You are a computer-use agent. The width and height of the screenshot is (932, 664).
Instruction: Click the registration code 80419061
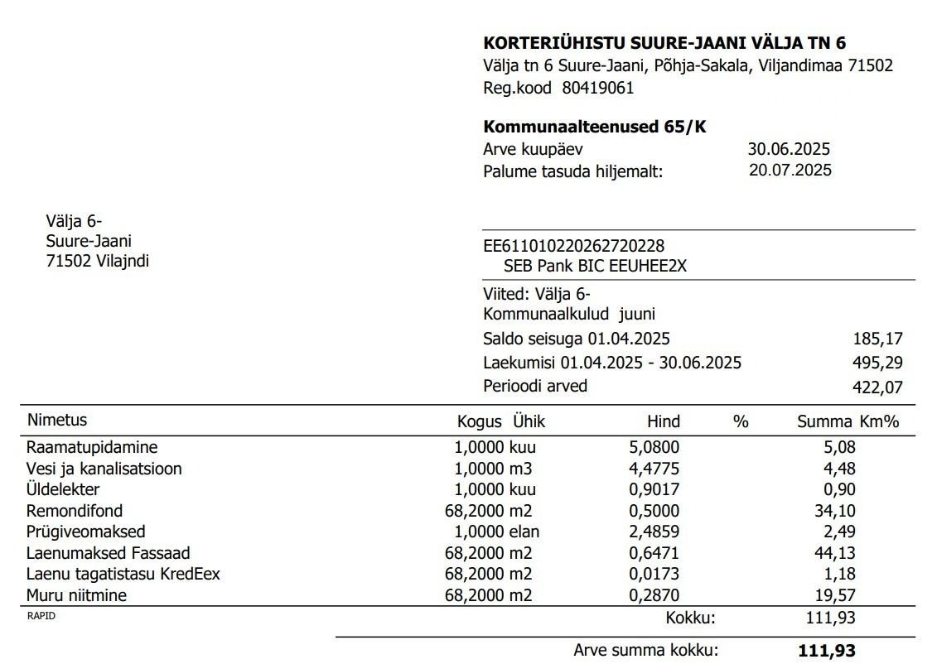pyautogui.click(x=597, y=88)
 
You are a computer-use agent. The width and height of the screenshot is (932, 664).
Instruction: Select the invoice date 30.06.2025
pyautogui.click(x=788, y=149)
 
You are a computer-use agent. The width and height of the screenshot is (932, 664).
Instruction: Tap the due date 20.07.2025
pyautogui.click(x=790, y=171)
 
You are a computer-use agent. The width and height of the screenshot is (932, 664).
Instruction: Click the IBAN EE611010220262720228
pyautogui.click(x=573, y=246)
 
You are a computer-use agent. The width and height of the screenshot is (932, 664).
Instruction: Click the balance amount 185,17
pyautogui.click(x=877, y=339)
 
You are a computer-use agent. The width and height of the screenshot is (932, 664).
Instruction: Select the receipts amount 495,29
pyautogui.click(x=877, y=363)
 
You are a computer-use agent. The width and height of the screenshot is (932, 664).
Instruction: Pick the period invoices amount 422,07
pyautogui.click(x=877, y=387)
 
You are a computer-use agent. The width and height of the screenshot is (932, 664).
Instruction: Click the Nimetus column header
pyautogui.click(x=56, y=420)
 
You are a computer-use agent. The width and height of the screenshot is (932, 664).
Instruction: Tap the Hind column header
pyautogui.click(x=663, y=421)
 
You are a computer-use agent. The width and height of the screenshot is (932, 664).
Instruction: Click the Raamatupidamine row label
pyautogui.click(x=92, y=447)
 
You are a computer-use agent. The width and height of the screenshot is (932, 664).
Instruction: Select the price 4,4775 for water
pyautogui.click(x=654, y=469)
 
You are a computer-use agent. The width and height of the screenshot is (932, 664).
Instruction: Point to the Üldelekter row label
pyautogui.click(x=63, y=489)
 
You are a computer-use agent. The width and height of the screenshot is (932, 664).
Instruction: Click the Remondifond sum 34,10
pyautogui.click(x=834, y=511)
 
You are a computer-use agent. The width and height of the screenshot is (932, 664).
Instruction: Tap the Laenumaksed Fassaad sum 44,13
pyautogui.click(x=834, y=553)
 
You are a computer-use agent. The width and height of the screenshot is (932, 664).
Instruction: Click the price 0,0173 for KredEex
pyautogui.click(x=654, y=574)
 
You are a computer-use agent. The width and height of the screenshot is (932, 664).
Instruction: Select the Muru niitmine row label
pyautogui.click(x=76, y=594)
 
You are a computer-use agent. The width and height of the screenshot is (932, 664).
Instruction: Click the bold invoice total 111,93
pyautogui.click(x=826, y=651)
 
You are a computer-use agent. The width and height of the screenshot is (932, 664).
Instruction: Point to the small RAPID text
pyautogui.click(x=41, y=615)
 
